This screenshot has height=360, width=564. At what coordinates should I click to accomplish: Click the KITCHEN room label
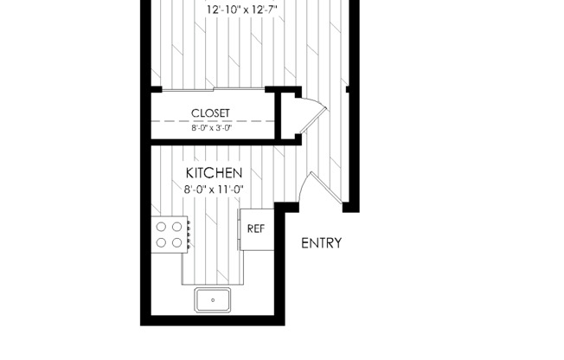click(x=212, y=173)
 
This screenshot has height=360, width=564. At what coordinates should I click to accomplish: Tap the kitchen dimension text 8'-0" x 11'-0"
click(x=213, y=189)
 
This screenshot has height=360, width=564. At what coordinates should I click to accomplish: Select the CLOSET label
click(x=210, y=113)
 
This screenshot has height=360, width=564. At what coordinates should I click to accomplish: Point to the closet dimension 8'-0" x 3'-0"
click(x=211, y=127)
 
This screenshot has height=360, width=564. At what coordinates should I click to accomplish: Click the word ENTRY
click(x=321, y=243)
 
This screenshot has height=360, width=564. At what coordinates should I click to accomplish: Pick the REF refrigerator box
click(x=255, y=229)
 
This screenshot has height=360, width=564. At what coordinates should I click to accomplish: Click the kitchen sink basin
click(x=212, y=300)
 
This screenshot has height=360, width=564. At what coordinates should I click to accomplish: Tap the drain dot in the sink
click(x=212, y=299)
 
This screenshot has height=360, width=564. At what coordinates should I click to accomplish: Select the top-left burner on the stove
click(x=162, y=228)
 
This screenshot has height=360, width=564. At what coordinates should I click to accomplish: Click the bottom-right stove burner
click(x=176, y=242)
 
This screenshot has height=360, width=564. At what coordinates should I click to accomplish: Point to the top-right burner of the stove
click(x=176, y=228)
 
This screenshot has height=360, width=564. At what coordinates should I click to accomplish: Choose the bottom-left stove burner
click(x=162, y=242)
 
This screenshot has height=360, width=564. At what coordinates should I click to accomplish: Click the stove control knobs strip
click(x=188, y=235)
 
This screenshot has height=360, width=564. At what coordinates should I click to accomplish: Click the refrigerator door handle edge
click(x=240, y=229)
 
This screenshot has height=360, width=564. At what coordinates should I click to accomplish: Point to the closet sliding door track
click(x=212, y=89)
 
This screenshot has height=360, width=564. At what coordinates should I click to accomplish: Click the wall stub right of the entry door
click(x=350, y=207)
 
